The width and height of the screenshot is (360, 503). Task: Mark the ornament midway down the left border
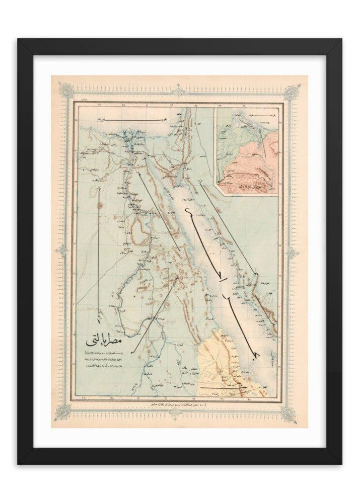pos(64,250)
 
